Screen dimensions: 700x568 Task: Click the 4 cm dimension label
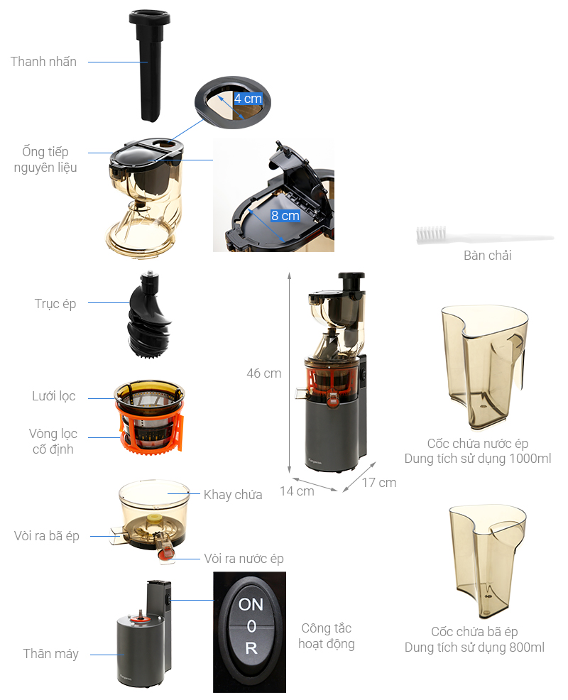(x=248, y=99)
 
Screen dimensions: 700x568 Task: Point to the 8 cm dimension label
(x=285, y=215)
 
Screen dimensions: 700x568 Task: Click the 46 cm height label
(x=263, y=373)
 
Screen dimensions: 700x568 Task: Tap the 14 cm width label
(x=296, y=491)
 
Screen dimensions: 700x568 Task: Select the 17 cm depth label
(x=378, y=483)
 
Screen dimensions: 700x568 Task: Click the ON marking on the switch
(x=251, y=605)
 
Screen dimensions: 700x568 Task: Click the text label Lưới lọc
(x=53, y=396)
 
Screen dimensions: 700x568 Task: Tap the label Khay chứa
(x=233, y=495)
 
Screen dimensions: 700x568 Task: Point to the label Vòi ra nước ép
(x=244, y=559)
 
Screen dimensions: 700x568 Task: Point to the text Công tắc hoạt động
(x=326, y=636)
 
